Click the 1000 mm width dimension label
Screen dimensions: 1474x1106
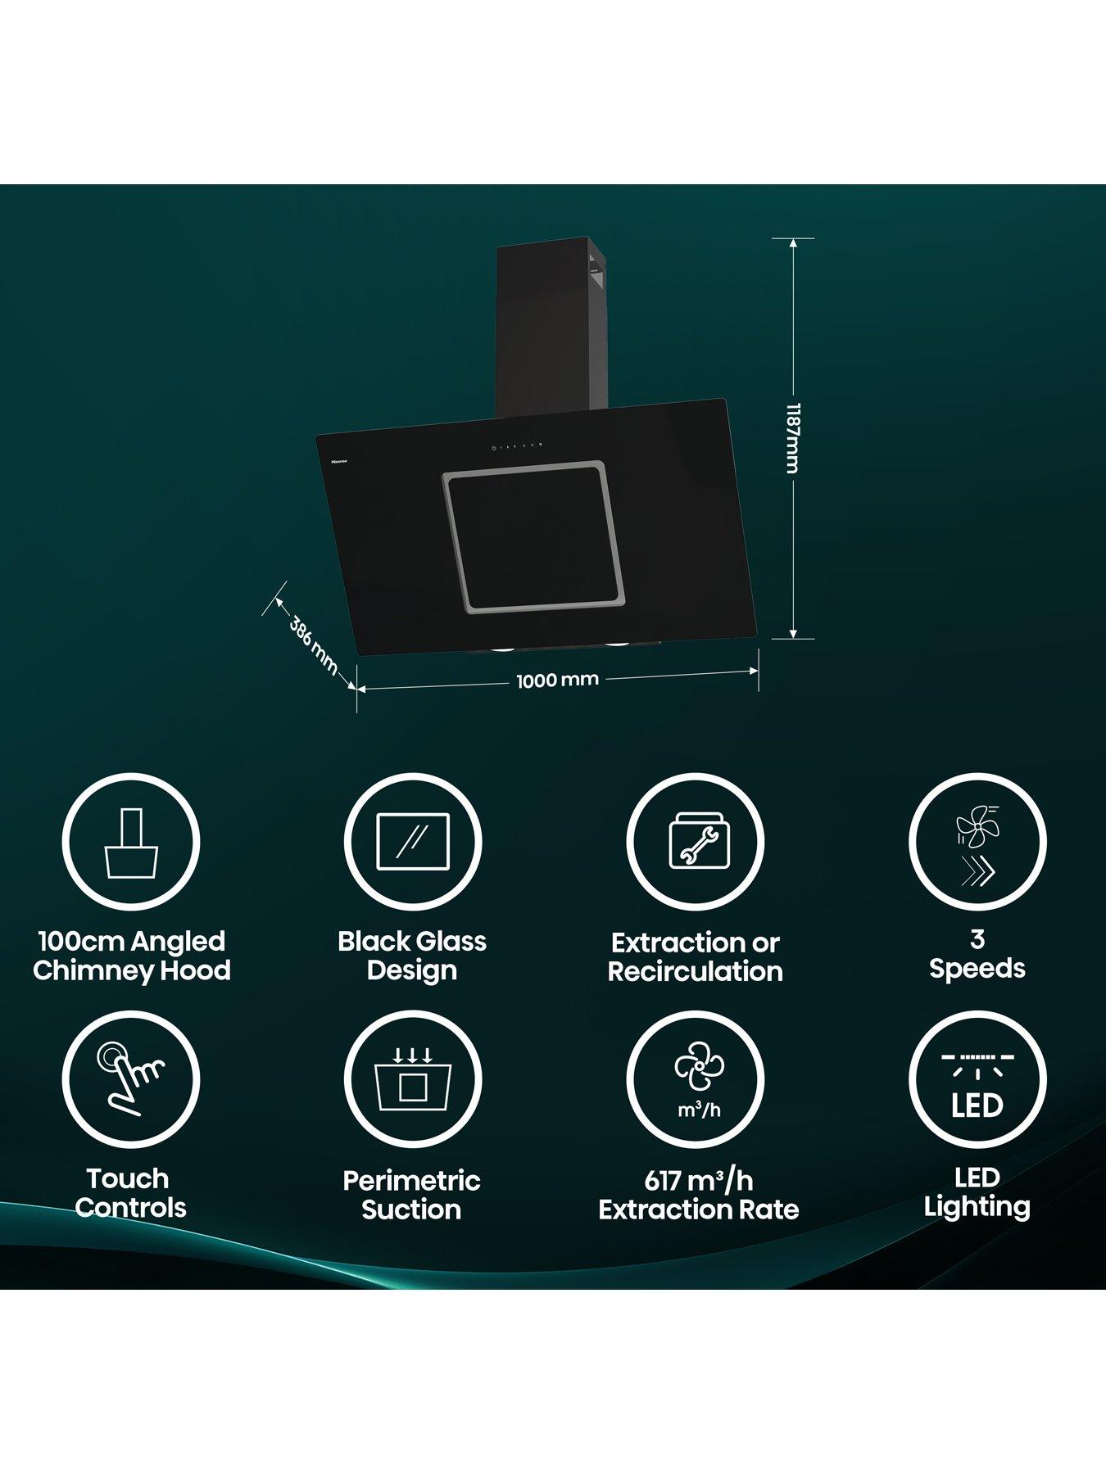coord(557,680)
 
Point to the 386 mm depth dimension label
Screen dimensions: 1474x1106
coord(313,645)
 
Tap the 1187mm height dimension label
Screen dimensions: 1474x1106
coord(791,438)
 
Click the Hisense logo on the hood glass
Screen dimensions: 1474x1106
coord(338,461)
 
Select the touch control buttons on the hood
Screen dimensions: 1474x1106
coord(517,446)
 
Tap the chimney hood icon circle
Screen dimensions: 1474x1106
coord(131,842)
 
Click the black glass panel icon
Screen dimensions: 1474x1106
coord(413,842)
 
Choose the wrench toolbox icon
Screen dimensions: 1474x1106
coord(695,842)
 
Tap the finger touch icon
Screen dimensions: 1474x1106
coord(131,1078)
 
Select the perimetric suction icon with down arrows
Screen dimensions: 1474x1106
coord(413,1078)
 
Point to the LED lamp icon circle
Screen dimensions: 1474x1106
coord(977,1078)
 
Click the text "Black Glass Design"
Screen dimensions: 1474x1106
coord(412,956)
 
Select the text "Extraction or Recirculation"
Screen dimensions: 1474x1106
coord(695,957)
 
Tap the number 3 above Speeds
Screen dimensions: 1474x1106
coord(977,939)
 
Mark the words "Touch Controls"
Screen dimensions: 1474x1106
coord(129,1193)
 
